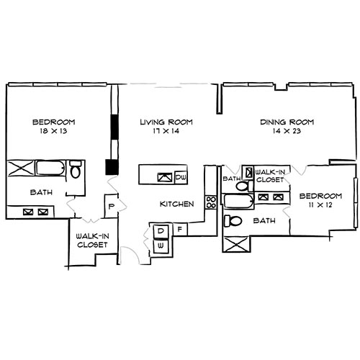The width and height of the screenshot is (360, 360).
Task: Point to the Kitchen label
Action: point(177,204)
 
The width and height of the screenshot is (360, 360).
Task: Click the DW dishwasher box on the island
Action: point(181,176)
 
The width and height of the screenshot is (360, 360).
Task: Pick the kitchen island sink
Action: point(165,176)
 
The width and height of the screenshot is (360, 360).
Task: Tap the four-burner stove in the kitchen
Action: point(211,202)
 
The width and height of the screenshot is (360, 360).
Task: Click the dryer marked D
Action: point(161,231)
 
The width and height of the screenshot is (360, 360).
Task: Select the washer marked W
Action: point(161,245)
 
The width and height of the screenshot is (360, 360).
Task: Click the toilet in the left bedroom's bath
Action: point(76,171)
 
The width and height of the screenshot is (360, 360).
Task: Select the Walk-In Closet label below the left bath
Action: point(92,240)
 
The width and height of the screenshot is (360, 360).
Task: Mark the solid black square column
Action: point(111,167)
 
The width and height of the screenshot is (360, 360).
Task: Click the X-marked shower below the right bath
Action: point(235,246)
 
